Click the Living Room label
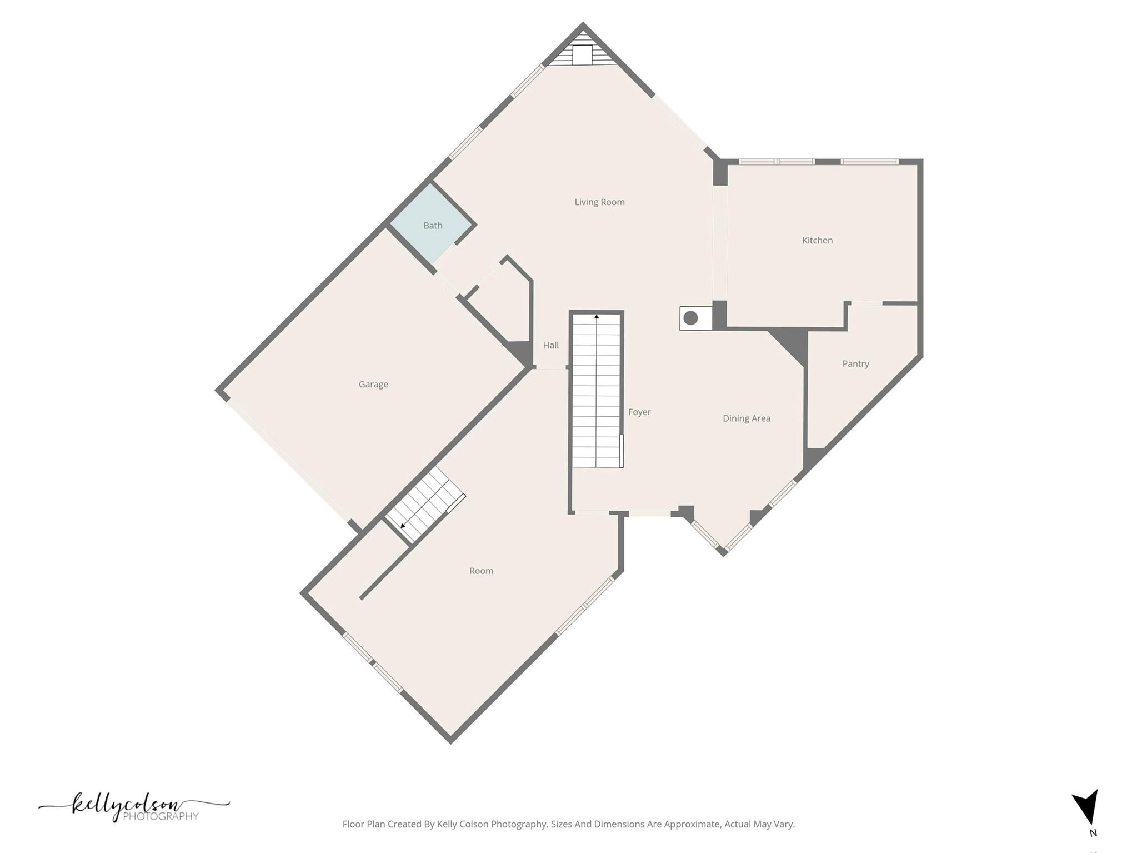pyautogui.click(x=599, y=202)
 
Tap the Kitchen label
pyautogui.click(x=817, y=241)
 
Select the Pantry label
pyautogui.click(x=855, y=364)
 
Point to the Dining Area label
pyautogui.click(x=746, y=418)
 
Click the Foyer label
pyautogui.click(x=639, y=412)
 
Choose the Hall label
pyautogui.click(x=550, y=346)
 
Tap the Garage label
pyautogui.click(x=373, y=385)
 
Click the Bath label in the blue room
pyautogui.click(x=433, y=226)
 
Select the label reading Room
pyautogui.click(x=481, y=571)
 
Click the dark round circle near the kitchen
pyautogui.click(x=690, y=318)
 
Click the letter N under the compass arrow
pyautogui.click(x=1093, y=833)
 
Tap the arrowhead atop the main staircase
pyautogui.click(x=597, y=317)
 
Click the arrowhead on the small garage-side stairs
pyautogui.click(x=403, y=525)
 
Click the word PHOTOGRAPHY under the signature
pyautogui.click(x=161, y=816)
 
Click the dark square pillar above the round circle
pyautogui.click(x=719, y=314)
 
